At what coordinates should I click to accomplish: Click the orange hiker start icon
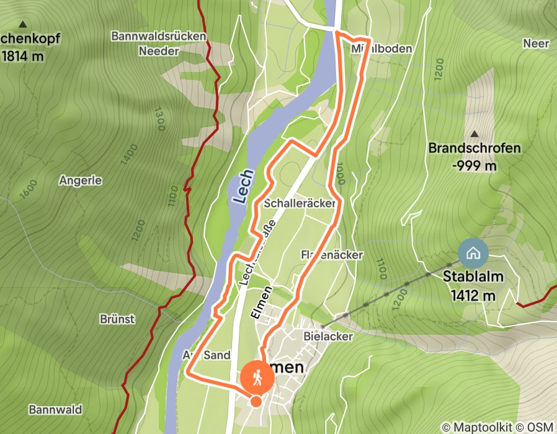pyautogui.click(x=257, y=376)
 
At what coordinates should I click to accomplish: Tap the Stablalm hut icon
pyautogui.click(x=473, y=253)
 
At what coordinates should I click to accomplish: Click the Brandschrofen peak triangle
pyautogui.click(x=475, y=134)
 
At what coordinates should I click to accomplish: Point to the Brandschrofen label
pyautogui.click(x=475, y=149)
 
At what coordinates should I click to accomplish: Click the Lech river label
pyautogui.click(x=243, y=187)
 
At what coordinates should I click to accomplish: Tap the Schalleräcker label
pyautogui.click(x=300, y=203)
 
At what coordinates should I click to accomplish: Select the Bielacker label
pyautogui.click(x=328, y=336)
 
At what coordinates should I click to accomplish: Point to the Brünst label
pyautogui.click(x=117, y=319)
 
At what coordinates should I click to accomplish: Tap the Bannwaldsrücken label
pyautogui.click(x=158, y=36)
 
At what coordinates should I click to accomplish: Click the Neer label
pyautogui.click(x=536, y=43)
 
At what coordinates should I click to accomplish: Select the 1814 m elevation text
pyautogui.click(x=23, y=56)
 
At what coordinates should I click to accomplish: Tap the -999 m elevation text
pyautogui.click(x=475, y=166)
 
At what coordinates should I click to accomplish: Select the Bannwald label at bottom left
pyautogui.click(x=55, y=410)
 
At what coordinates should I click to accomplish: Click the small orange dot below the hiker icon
pyautogui.click(x=256, y=401)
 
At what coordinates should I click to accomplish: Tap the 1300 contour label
pyautogui.click(x=161, y=120)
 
